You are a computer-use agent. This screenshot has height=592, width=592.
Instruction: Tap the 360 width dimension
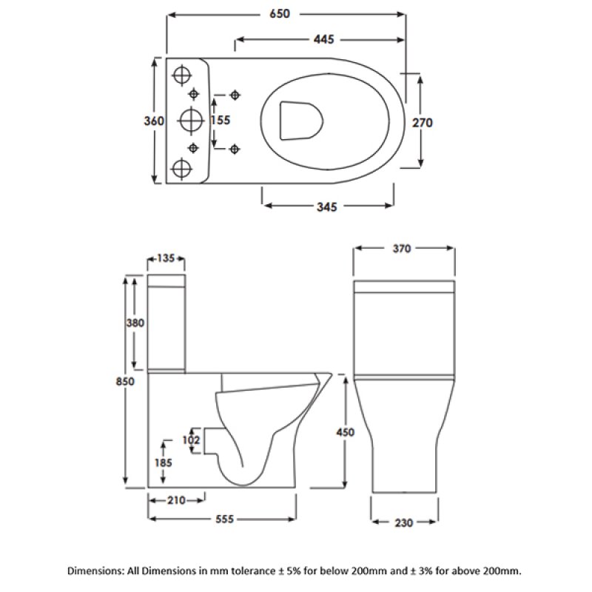(155, 121)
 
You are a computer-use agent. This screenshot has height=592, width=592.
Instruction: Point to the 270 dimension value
(422, 122)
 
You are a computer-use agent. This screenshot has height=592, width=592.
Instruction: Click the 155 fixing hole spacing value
(220, 120)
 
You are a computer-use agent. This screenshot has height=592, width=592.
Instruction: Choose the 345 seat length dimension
(326, 207)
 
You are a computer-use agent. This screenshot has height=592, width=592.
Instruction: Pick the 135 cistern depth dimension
(166, 258)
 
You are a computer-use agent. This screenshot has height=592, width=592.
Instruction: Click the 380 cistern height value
(135, 323)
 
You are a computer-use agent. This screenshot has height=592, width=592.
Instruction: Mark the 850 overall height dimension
(125, 381)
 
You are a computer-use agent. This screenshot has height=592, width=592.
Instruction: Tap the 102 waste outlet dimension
(192, 439)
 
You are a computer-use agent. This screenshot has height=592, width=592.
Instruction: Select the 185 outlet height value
(164, 462)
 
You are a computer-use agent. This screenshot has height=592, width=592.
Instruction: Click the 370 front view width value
(402, 249)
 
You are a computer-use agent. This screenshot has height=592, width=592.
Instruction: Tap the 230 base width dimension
(402, 523)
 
